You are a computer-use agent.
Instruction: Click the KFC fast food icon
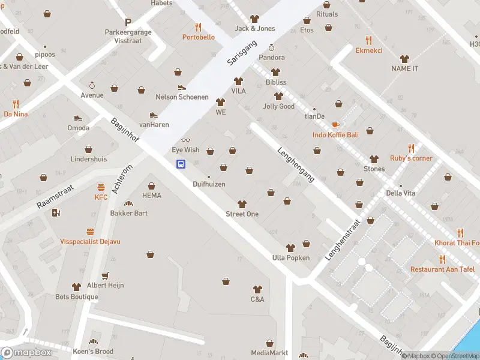(x=101, y=187)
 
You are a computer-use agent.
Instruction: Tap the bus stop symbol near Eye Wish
(x=180, y=164)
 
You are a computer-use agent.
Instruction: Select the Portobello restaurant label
(x=199, y=37)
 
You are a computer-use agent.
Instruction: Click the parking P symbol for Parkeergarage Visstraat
(x=128, y=22)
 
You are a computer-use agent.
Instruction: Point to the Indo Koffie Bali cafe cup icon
(x=335, y=125)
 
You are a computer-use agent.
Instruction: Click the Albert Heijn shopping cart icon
(x=106, y=275)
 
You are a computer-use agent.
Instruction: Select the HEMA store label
(x=152, y=196)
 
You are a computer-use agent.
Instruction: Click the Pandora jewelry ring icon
(x=271, y=47)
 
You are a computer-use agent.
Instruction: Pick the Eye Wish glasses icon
(x=185, y=140)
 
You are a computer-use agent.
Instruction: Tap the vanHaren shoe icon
(x=154, y=115)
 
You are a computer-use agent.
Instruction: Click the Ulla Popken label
(x=290, y=258)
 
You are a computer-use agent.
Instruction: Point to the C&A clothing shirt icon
(x=257, y=289)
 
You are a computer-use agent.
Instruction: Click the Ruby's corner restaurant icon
(x=411, y=148)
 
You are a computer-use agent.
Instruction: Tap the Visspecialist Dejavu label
(x=90, y=241)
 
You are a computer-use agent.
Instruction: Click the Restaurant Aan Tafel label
(x=442, y=269)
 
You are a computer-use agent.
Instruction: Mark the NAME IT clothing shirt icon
(x=404, y=59)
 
